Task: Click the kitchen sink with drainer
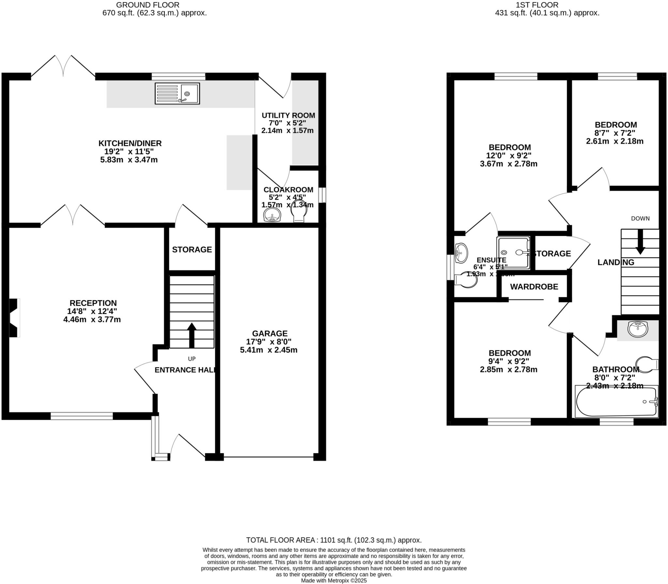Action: point(177,94)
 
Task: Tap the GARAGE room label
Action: point(270,333)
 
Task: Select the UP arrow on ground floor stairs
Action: point(191,335)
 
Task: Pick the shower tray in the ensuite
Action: point(513,253)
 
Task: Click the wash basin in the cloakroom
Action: point(272,215)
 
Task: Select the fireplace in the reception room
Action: point(14,318)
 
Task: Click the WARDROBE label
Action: point(534,287)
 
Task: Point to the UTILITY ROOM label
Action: point(288,115)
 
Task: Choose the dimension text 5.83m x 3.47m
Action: point(129,160)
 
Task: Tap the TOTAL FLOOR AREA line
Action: point(334,540)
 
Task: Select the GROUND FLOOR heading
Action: point(148,5)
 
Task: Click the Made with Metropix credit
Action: point(334,581)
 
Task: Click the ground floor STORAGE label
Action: point(192,249)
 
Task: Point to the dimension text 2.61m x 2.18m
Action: point(615,141)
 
